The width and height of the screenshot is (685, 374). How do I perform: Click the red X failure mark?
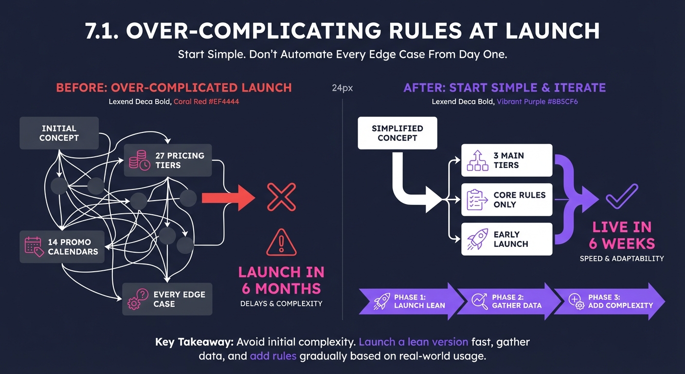coord(282,197)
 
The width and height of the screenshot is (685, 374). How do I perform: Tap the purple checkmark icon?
coord(621,198)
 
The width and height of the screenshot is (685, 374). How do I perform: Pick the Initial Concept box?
coord(59,133)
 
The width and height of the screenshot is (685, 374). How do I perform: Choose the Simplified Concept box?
coord(397,133)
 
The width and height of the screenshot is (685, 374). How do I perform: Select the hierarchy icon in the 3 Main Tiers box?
coord(477,160)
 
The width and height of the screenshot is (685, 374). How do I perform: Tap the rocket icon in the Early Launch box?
coord(477,239)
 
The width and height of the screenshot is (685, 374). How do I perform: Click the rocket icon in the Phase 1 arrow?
coord(381,301)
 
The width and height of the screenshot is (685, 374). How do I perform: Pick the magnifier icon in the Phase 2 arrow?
coord(479,301)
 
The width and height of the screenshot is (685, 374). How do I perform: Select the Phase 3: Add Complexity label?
coord(620,301)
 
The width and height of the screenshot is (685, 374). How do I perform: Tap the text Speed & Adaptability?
coord(621,258)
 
